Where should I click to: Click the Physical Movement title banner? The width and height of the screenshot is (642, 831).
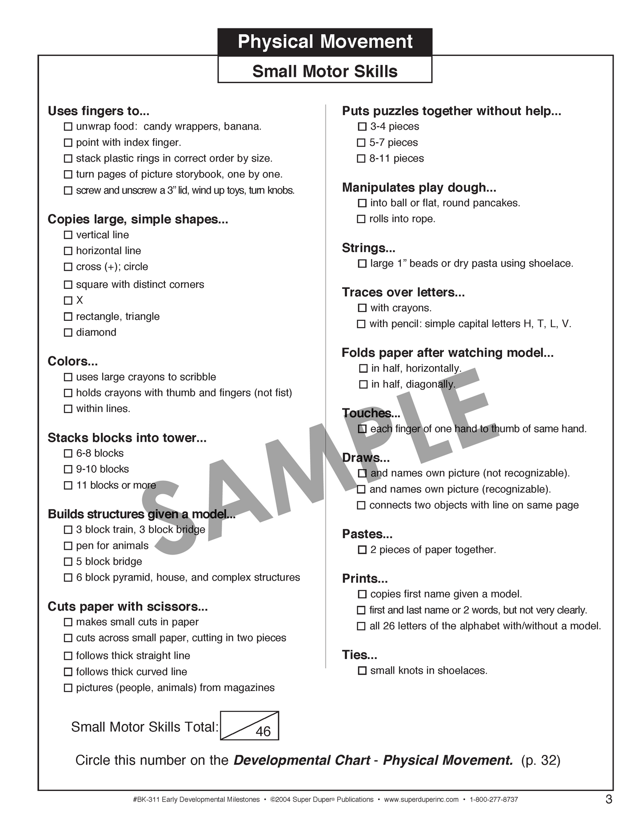point(325,42)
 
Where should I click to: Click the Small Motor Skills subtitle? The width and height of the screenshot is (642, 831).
point(325,71)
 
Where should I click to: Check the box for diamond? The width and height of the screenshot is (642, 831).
point(68,332)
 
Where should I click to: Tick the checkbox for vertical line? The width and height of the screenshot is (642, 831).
point(68,235)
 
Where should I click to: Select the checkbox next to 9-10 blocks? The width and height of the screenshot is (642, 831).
point(68,469)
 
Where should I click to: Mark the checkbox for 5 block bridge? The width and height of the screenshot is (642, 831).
point(68,562)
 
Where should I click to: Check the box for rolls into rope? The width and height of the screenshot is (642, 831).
point(361,219)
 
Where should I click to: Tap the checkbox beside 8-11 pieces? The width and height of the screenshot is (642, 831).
point(361,159)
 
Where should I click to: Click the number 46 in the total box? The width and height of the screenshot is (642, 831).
point(263,731)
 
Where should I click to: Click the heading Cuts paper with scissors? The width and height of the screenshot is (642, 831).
point(128,607)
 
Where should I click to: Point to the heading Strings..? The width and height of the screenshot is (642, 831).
point(368,248)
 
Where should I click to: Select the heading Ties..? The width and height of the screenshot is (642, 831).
point(359,655)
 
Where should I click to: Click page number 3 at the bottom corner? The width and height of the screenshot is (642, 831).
point(609,799)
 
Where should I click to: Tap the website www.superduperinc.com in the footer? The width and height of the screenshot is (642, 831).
point(421,799)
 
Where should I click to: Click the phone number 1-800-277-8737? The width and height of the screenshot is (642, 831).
point(494,799)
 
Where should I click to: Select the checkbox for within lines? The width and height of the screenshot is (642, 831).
point(68,409)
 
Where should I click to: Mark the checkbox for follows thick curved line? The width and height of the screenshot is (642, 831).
point(68,672)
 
